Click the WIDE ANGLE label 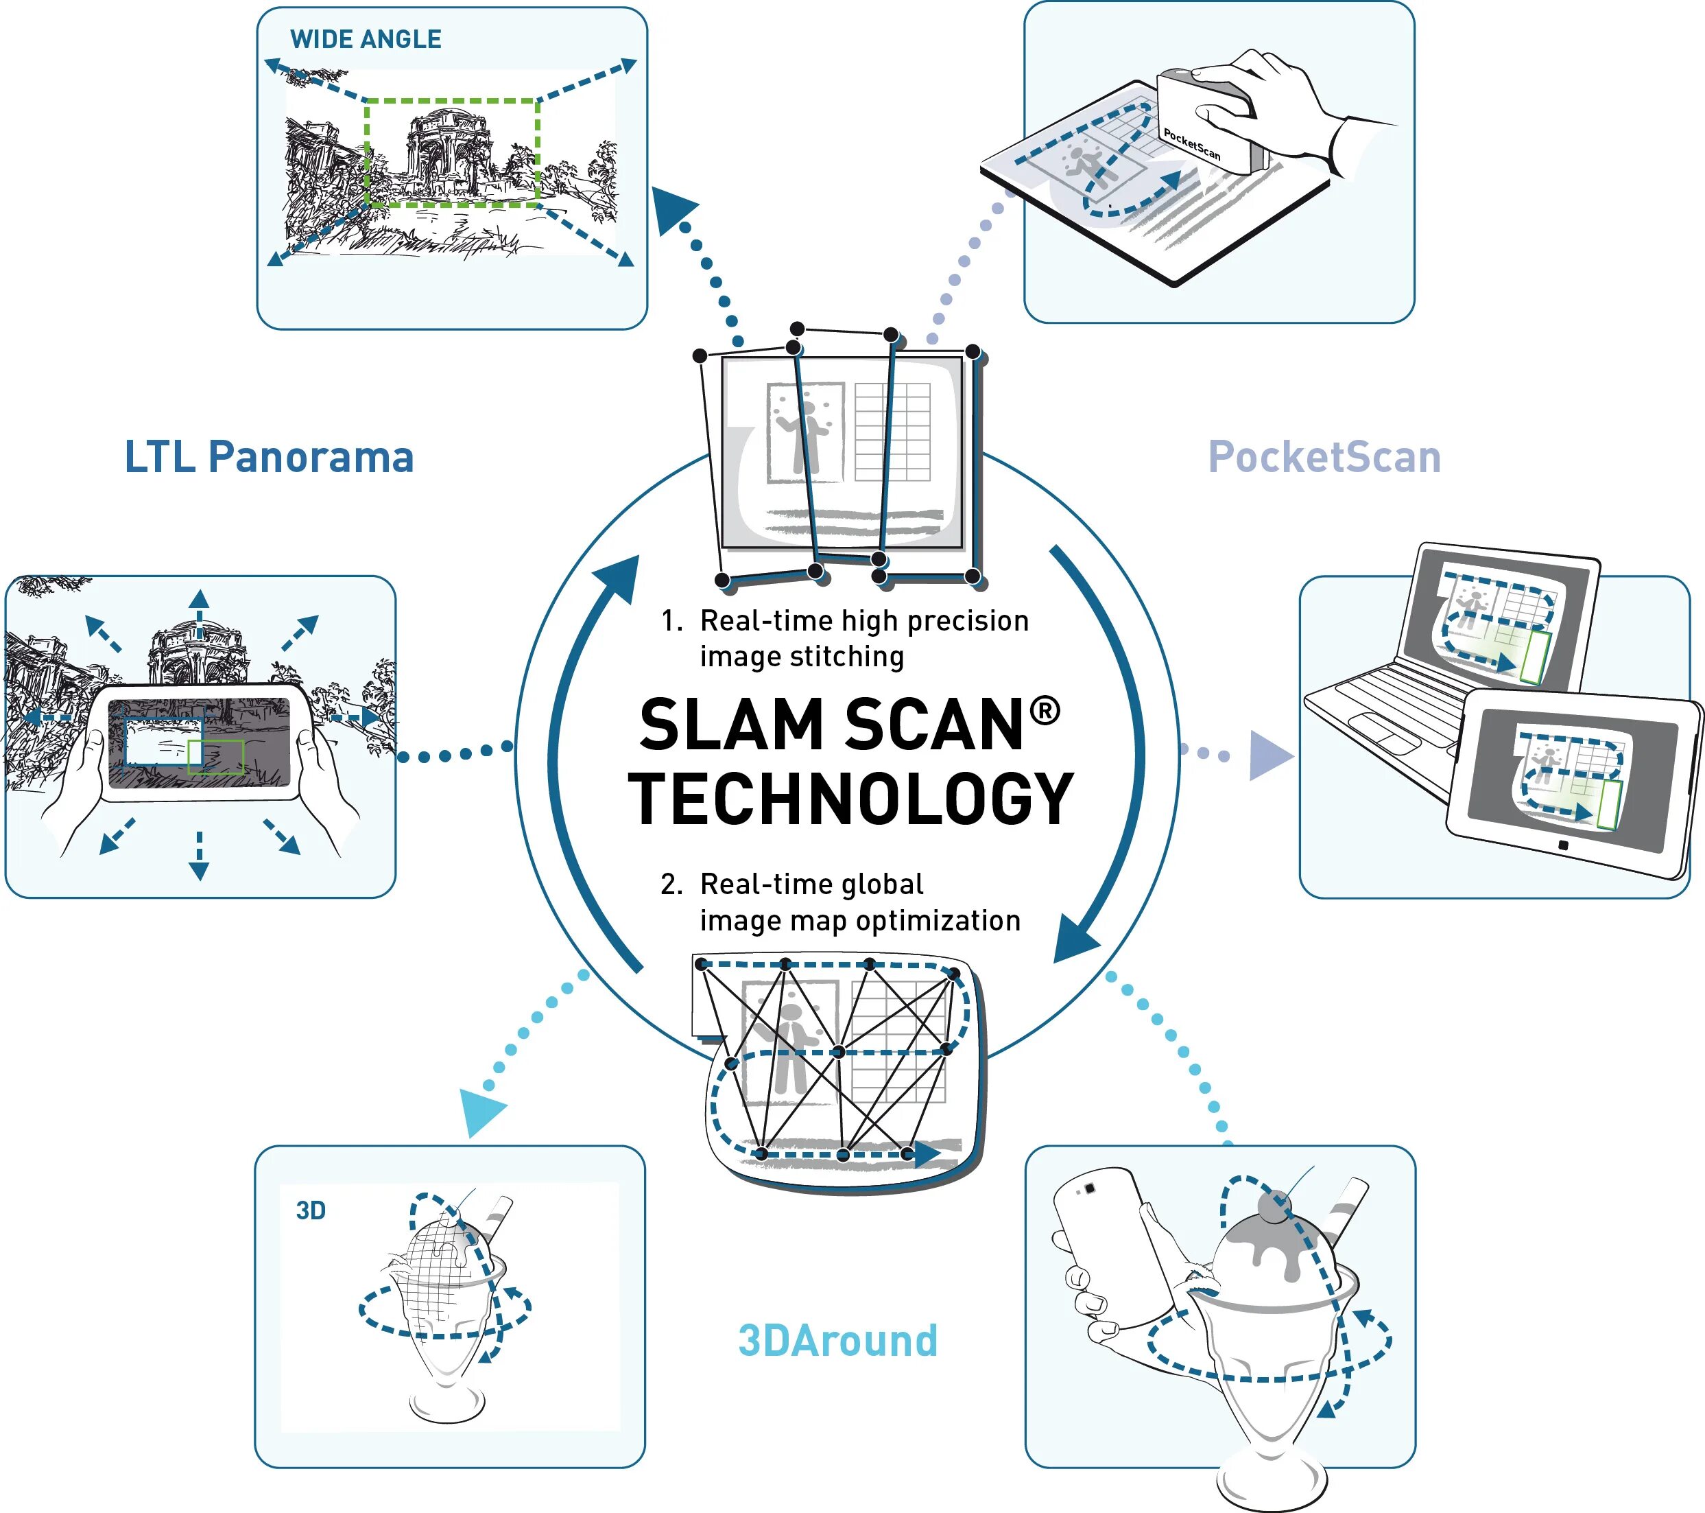[x=366, y=39]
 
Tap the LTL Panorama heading [x=269, y=457]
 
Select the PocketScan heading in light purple [x=1324, y=457]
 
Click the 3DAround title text [x=837, y=1341]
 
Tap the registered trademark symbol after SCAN [x=1045, y=710]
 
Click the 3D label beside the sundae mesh [x=310, y=1211]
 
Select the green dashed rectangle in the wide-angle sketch [x=452, y=102]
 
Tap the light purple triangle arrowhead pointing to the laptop [x=1269, y=755]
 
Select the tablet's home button [x=1563, y=845]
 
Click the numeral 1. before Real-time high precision [x=671, y=621]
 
